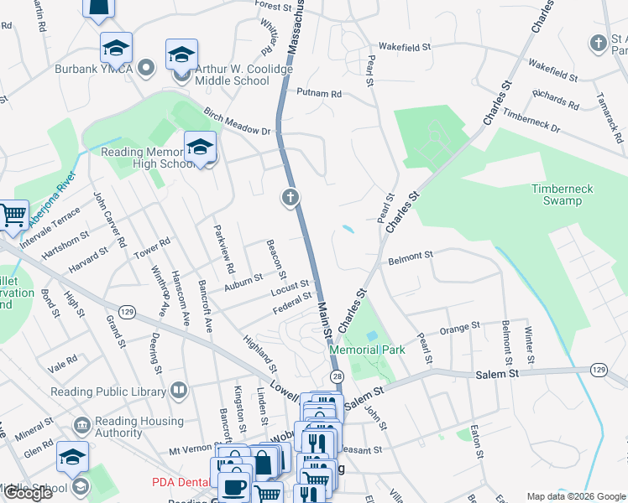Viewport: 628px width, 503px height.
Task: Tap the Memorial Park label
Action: pos(367,350)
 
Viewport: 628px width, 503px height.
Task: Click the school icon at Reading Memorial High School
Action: pos(200,148)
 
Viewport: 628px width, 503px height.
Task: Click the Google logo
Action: pos(27,493)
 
